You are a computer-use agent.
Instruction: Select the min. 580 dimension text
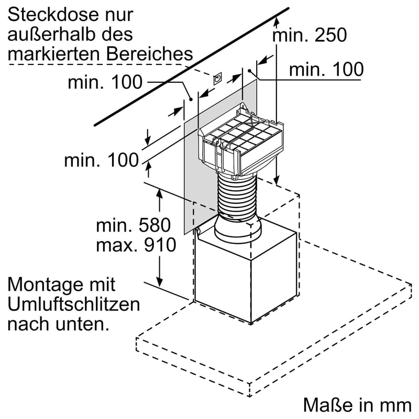coord(134,226)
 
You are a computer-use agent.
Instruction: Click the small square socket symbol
coord(217,79)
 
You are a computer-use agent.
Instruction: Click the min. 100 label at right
coord(326,69)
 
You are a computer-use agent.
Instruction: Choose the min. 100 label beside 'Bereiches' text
coord(105,82)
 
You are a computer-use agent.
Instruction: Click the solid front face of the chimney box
coord(223,278)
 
